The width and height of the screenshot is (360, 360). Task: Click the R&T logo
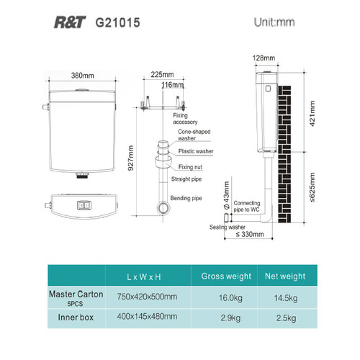[x=70, y=22]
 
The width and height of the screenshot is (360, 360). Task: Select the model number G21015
[x=117, y=22]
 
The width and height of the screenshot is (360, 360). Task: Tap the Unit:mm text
[x=274, y=22]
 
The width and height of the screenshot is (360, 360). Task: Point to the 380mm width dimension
[x=83, y=76]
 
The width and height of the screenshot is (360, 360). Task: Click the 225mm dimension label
[x=162, y=74]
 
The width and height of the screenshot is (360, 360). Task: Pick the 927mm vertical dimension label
[x=130, y=158]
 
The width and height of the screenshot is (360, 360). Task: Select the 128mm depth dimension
[x=264, y=58]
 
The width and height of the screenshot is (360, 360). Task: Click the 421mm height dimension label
[x=312, y=114]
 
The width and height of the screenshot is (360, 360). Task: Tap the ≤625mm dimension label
[x=312, y=187]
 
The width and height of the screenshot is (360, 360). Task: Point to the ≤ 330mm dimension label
[x=250, y=234]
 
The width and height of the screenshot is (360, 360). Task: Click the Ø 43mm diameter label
[x=226, y=196]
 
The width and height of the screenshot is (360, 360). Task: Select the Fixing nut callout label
[x=190, y=167]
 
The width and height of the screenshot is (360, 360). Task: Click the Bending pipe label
[x=186, y=198]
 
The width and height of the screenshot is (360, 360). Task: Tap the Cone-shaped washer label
[x=194, y=135]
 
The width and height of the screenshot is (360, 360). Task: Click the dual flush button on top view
[x=84, y=205]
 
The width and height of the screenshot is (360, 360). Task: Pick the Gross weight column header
[x=226, y=276]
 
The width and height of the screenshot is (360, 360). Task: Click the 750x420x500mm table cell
[x=147, y=297]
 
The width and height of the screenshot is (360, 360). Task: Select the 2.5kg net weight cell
[x=286, y=318]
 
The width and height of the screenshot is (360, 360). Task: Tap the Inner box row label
[x=76, y=318]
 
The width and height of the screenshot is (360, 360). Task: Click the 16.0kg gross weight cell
[x=230, y=298]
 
